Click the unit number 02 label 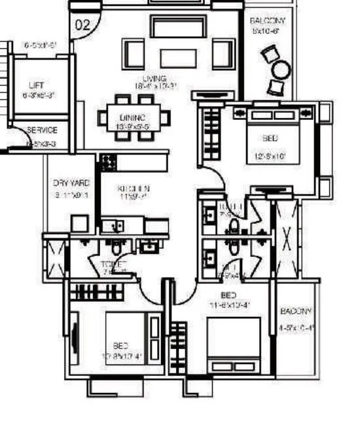(x=83, y=26)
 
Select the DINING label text (x=132, y=117)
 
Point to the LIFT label (x=37, y=86)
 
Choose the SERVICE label (x=42, y=130)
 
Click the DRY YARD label (x=71, y=183)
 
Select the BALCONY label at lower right (x=297, y=311)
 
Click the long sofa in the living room (x=171, y=27)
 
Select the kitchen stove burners (x=107, y=160)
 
